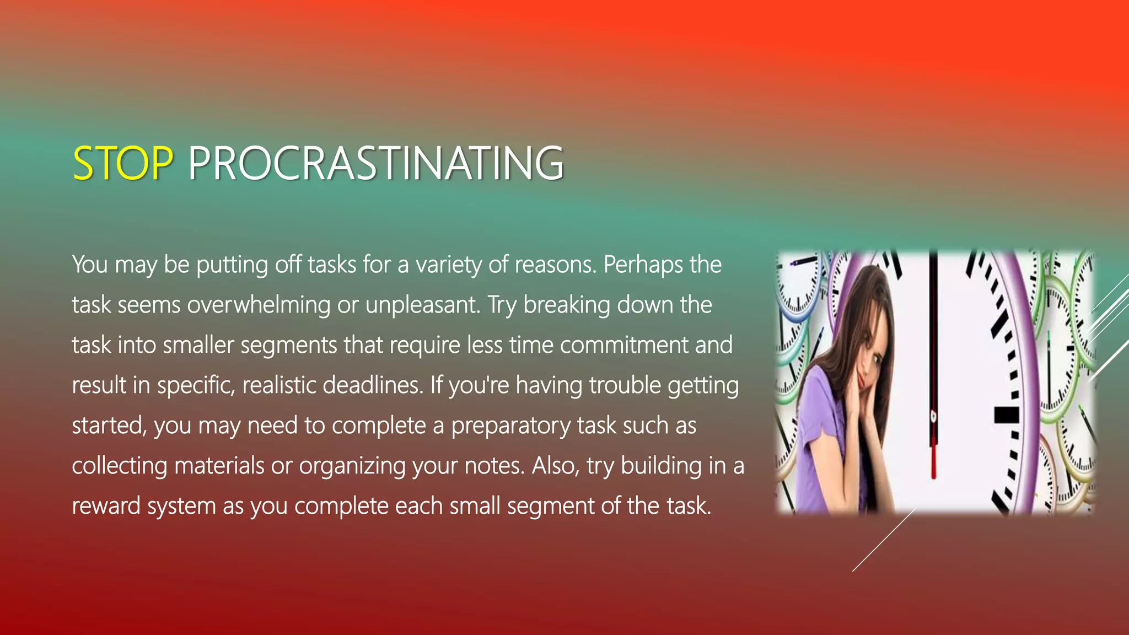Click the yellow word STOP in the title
click(122, 164)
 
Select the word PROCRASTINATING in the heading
click(375, 164)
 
